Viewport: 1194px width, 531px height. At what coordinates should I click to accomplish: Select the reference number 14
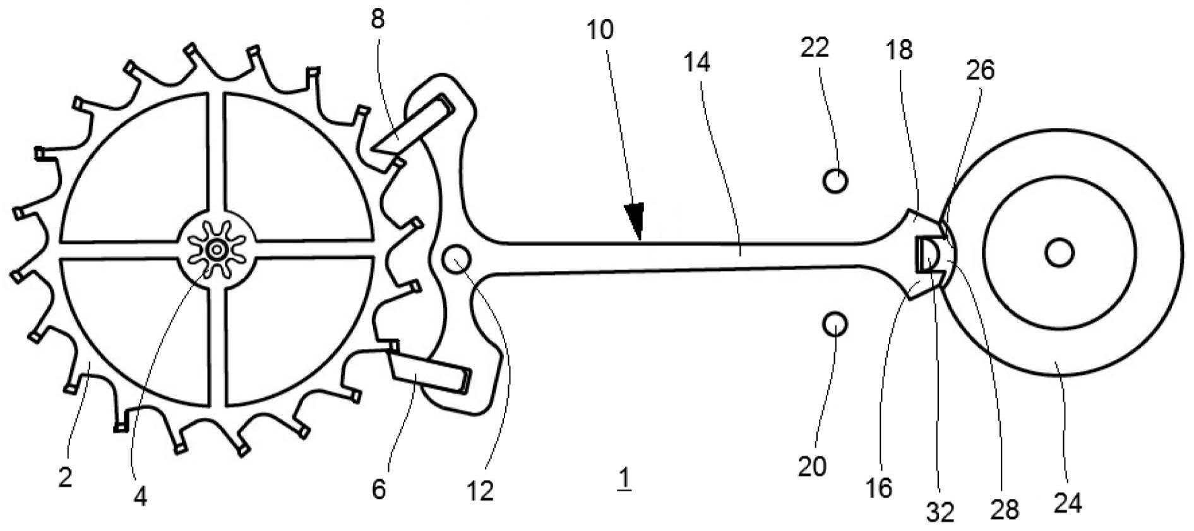(x=696, y=62)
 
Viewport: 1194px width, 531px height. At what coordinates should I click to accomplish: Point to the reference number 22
(x=815, y=47)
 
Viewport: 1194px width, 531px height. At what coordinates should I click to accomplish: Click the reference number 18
(x=900, y=50)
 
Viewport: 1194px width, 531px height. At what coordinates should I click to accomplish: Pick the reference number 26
(x=979, y=70)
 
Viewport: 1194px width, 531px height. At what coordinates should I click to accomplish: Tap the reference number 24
(x=1067, y=503)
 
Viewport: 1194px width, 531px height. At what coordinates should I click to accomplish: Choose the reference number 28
(x=1005, y=509)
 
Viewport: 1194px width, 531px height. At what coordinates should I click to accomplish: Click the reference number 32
(x=940, y=512)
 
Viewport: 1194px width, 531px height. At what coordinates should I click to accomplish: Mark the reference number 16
(x=879, y=487)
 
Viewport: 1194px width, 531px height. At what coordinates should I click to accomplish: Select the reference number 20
(x=812, y=467)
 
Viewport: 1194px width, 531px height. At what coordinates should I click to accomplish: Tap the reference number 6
(x=378, y=489)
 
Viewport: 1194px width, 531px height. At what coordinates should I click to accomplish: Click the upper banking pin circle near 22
(x=835, y=181)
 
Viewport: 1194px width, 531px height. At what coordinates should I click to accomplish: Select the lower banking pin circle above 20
(x=835, y=325)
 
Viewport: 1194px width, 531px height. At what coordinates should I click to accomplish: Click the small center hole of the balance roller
(x=1059, y=254)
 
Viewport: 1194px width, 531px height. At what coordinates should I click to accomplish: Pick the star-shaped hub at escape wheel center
(x=217, y=250)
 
